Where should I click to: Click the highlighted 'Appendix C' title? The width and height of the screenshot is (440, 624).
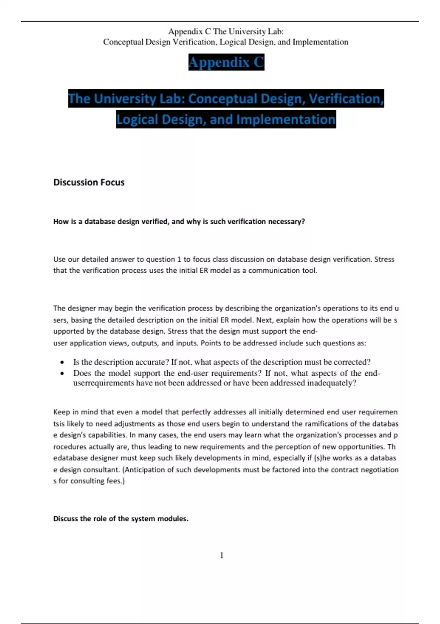(x=226, y=62)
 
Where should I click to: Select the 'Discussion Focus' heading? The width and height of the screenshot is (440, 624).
(x=89, y=182)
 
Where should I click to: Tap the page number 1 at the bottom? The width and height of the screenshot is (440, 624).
(x=221, y=555)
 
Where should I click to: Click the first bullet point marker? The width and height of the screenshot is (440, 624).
(x=62, y=363)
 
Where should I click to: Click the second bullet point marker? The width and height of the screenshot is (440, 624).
(x=62, y=374)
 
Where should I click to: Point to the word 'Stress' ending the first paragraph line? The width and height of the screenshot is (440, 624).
(x=384, y=259)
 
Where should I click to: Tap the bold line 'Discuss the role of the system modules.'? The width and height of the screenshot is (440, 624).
(x=121, y=519)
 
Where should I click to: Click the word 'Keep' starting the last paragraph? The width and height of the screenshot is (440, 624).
(x=60, y=412)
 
